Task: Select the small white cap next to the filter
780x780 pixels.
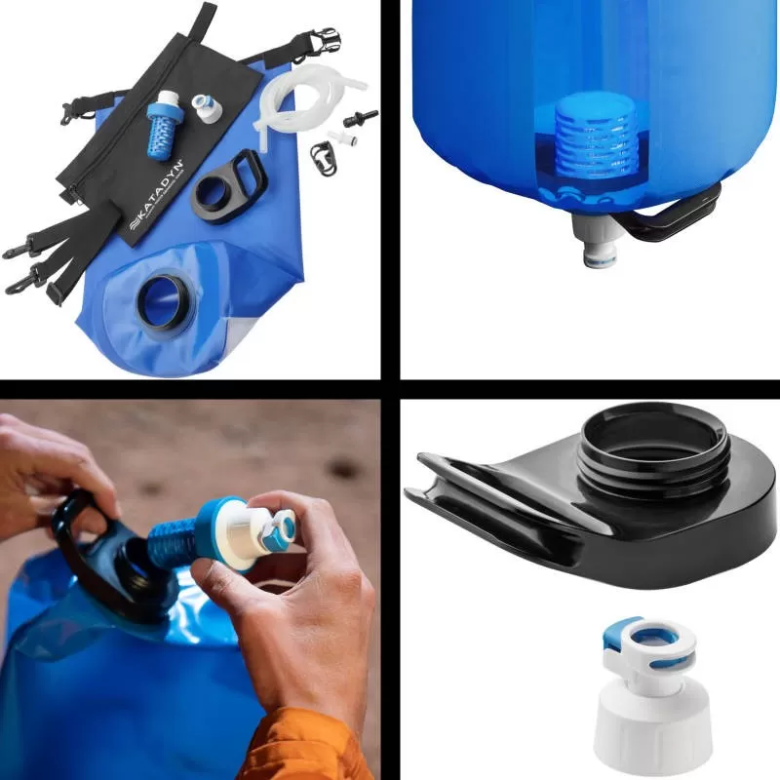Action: point(206,106)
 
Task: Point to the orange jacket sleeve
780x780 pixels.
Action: point(302,751)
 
